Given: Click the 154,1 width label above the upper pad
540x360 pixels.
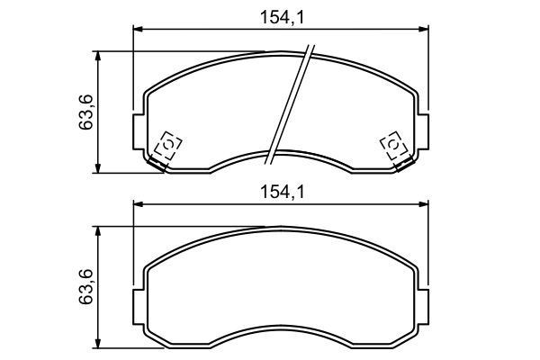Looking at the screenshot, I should click(280, 16).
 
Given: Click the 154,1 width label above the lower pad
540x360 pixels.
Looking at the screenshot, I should click(280, 192).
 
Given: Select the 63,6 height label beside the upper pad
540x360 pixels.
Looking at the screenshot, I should click(86, 112).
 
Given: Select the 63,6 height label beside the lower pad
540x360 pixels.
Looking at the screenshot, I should click(86, 287).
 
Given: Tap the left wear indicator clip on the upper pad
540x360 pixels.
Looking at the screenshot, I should click(167, 146).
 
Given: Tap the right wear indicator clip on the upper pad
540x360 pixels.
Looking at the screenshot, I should click(394, 146).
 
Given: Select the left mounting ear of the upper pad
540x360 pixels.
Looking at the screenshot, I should click(139, 133).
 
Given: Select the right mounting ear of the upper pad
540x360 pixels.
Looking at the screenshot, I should click(423, 133).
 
